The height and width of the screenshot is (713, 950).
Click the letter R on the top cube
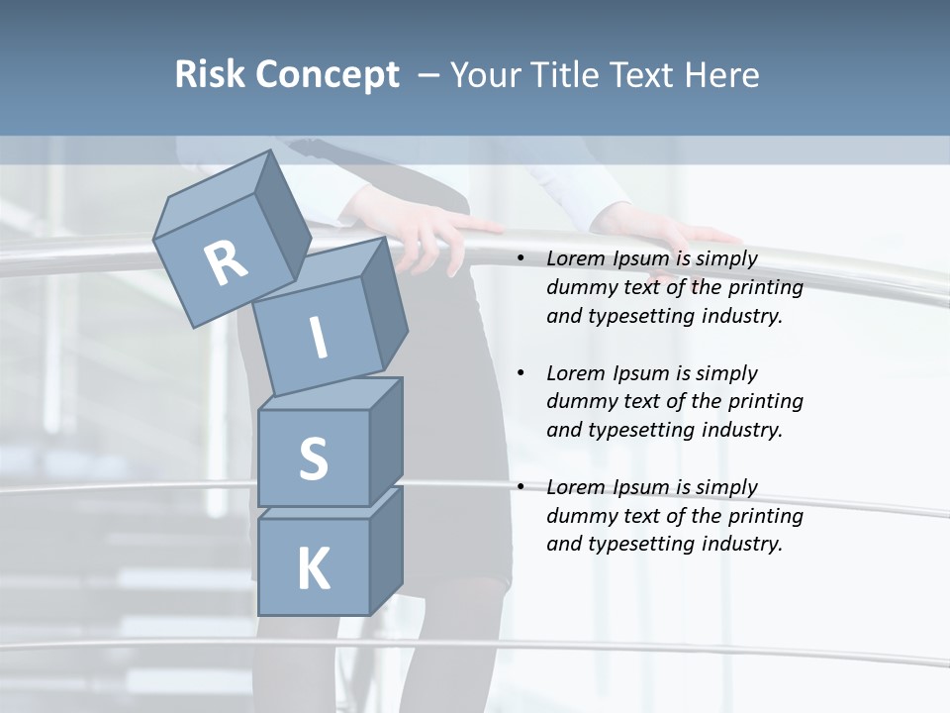coord(226,263)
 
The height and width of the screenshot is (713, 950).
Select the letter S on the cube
coord(313,458)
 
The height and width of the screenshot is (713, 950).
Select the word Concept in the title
coord(326,76)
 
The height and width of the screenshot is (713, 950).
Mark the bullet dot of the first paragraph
coord(521,259)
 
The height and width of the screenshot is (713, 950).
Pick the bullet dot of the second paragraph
coord(521,374)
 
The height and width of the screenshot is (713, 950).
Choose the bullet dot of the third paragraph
coord(521,488)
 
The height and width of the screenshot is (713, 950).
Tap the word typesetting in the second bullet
coord(640,431)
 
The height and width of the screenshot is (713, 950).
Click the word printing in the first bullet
coord(765,288)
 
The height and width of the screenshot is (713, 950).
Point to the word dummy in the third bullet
coord(579,516)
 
